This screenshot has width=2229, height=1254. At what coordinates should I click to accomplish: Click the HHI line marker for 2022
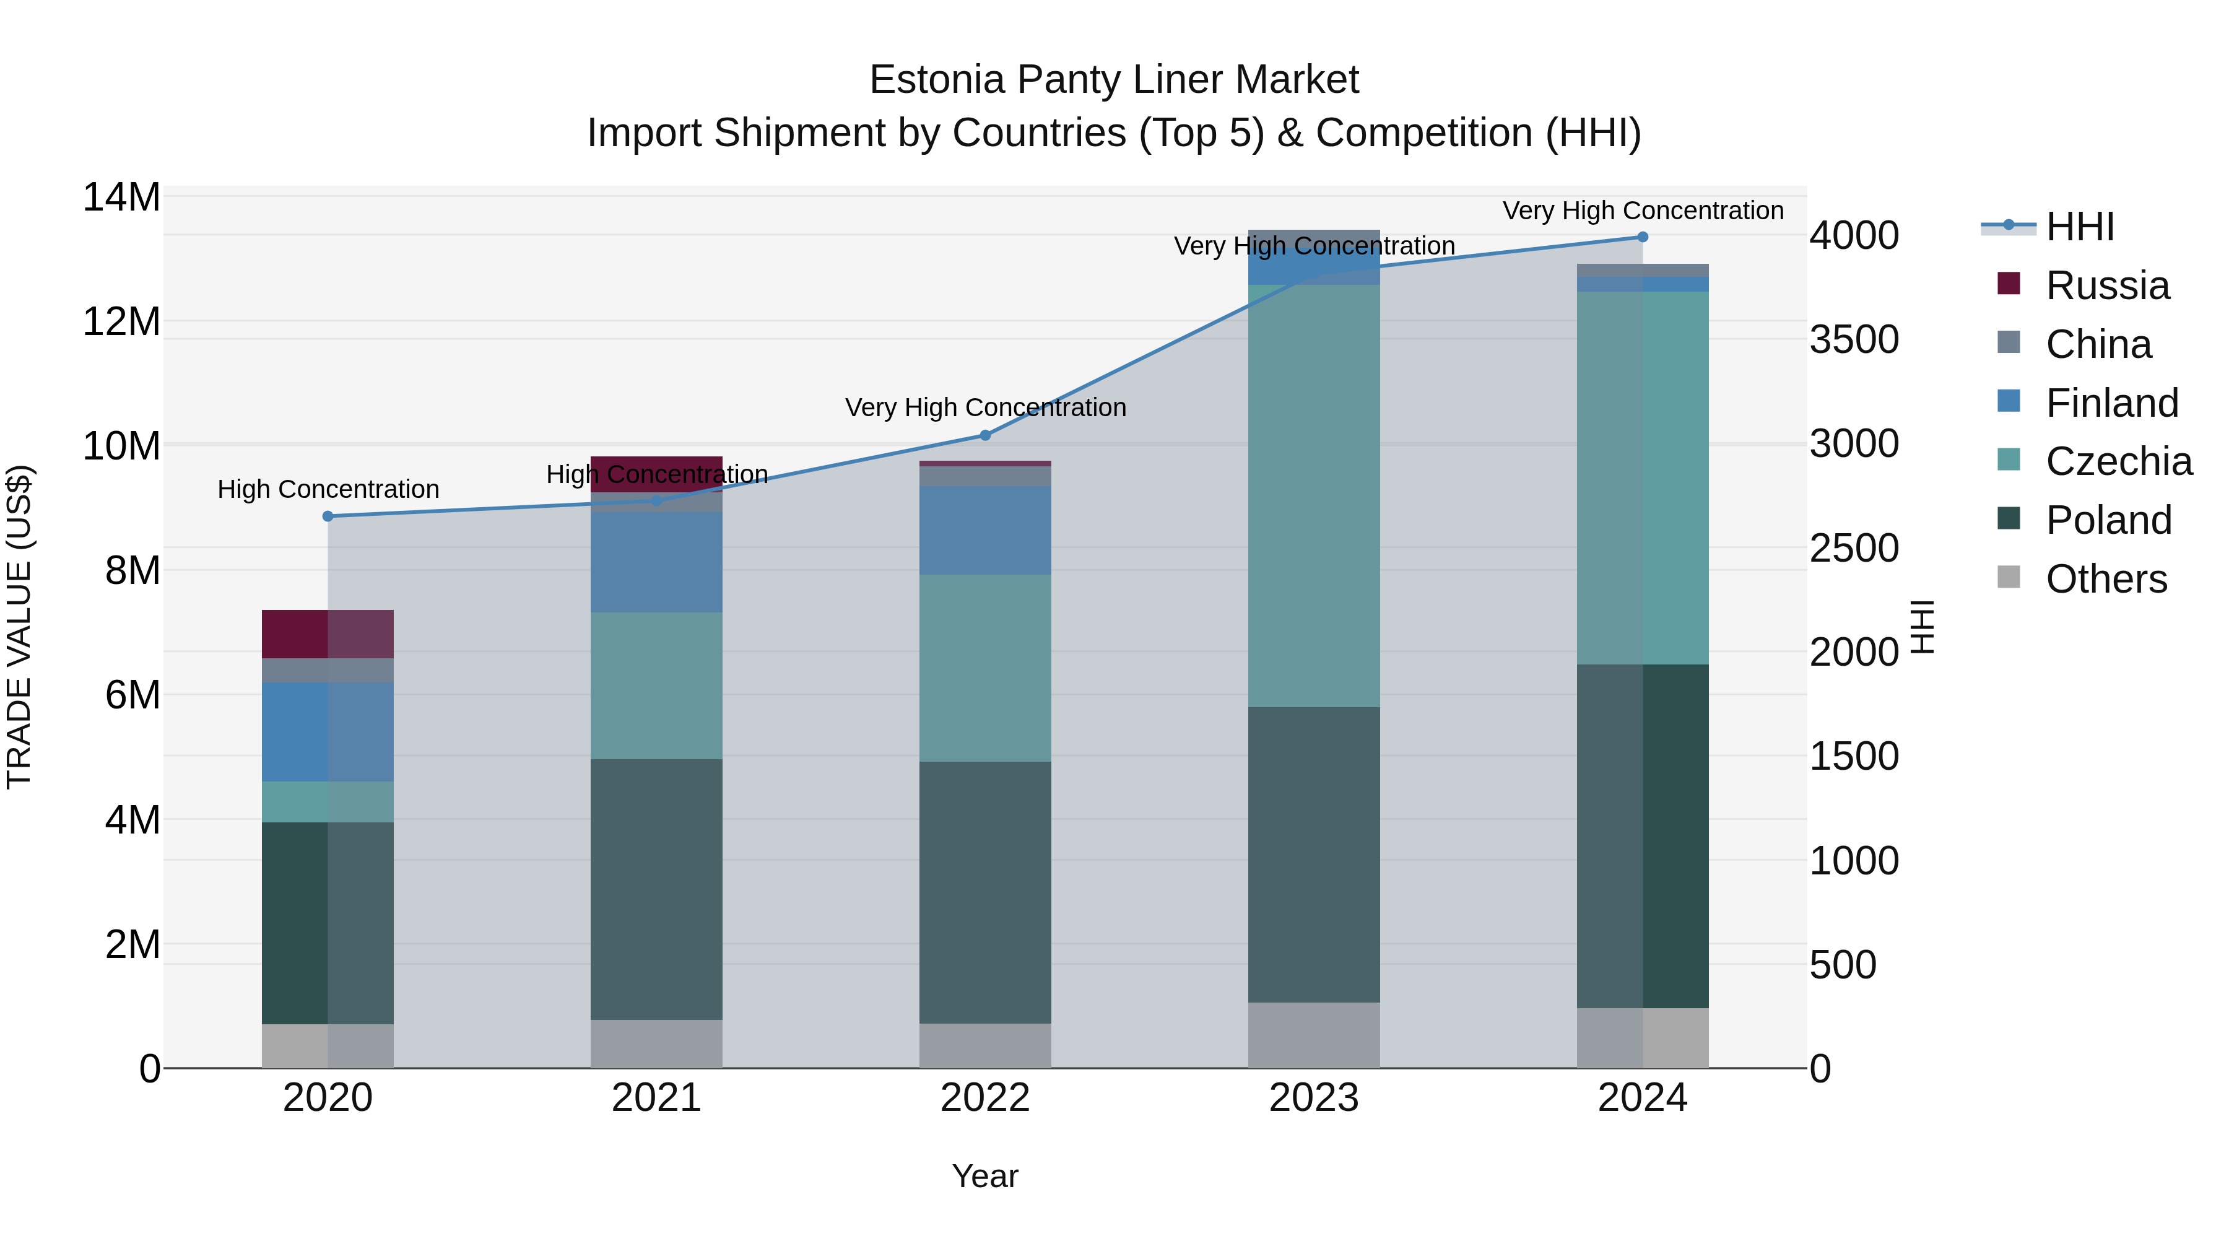[x=984, y=435]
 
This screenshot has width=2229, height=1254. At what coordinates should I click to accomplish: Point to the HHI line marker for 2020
[x=328, y=516]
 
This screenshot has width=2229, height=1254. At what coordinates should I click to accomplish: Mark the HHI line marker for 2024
[x=1642, y=237]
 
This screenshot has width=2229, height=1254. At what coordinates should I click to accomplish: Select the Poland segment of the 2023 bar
[x=1313, y=855]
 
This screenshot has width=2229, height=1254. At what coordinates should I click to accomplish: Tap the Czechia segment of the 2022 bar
[x=984, y=668]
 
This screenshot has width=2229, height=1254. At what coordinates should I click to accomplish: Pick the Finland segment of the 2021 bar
[x=656, y=562]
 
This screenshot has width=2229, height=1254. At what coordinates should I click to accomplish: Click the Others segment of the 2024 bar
[x=1642, y=1038]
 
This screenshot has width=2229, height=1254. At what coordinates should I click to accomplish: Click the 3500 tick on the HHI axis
[x=1854, y=340]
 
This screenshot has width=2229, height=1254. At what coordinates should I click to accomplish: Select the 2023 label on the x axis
[x=1313, y=1098]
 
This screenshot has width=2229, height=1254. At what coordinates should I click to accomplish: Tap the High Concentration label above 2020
[x=328, y=489]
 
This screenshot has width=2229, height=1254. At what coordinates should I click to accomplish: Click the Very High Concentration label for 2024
[x=1642, y=211]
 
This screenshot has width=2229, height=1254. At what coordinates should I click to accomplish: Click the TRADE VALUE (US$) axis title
[x=20, y=627]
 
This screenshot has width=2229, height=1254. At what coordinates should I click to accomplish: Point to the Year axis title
[x=984, y=1176]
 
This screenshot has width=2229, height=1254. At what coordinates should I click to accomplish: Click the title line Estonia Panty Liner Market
[x=1114, y=80]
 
